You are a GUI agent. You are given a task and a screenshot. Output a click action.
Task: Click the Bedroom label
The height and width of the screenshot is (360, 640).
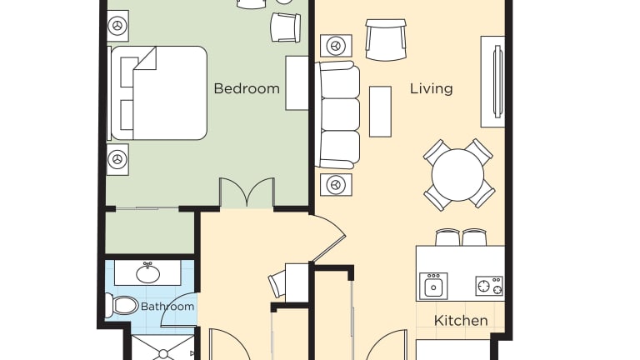click(247, 88)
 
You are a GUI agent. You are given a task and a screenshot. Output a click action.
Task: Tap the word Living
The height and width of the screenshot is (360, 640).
click(432, 89)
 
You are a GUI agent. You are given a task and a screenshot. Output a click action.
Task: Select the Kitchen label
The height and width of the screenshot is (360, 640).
click(461, 320)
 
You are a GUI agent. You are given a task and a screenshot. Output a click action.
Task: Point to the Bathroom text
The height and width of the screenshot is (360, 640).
click(167, 307)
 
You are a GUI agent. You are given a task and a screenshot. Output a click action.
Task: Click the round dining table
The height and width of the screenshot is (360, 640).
click(457, 175)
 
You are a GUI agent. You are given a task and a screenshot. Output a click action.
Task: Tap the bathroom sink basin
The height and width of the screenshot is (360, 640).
click(148, 273)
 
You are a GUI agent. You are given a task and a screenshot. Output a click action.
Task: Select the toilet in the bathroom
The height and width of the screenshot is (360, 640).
click(122, 305)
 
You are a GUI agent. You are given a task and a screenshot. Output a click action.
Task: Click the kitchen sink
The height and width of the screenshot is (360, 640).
click(433, 287)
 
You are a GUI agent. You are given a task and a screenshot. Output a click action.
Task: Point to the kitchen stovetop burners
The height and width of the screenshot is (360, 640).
click(489, 286)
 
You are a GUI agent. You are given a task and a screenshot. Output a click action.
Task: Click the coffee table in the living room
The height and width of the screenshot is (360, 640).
click(380, 112)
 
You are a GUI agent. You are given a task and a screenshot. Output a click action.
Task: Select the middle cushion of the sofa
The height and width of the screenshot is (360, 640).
click(340, 114)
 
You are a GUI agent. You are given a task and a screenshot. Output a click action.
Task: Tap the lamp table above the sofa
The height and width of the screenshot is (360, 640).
click(336, 46)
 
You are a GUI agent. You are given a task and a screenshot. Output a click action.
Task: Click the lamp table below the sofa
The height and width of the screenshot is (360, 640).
click(336, 185)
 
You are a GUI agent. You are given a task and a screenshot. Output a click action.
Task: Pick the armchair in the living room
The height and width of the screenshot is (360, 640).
click(386, 40)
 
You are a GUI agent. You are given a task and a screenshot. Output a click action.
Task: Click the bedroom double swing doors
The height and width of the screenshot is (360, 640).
click(247, 192)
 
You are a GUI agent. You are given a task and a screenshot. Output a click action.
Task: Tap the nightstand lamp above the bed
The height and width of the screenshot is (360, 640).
click(118, 26)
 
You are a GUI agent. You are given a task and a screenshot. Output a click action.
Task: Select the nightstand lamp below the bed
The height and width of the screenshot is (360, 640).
click(118, 159)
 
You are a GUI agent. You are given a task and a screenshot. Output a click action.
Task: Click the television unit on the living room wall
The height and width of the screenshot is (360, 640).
click(493, 82)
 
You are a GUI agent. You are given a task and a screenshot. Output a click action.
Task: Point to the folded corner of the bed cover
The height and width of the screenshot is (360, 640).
click(145, 58)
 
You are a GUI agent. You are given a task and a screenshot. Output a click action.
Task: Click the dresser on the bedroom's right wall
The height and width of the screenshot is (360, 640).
click(297, 83)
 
